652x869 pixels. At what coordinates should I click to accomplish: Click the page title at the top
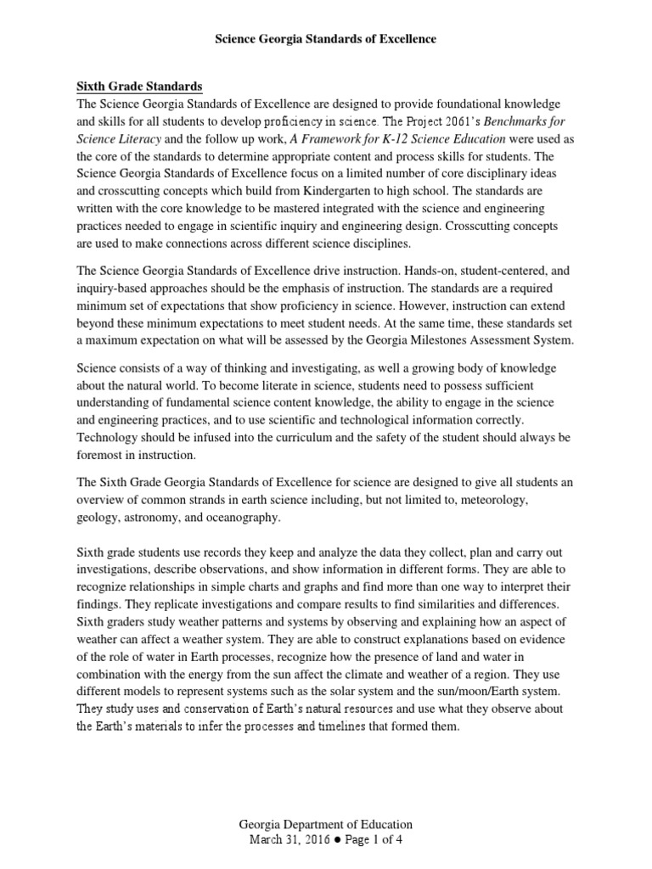click(x=325, y=39)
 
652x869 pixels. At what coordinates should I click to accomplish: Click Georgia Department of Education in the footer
click(x=325, y=824)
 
